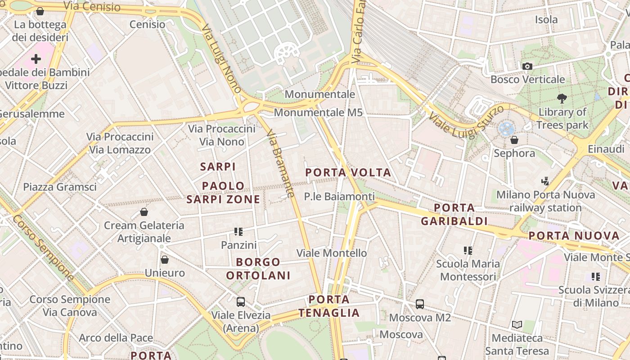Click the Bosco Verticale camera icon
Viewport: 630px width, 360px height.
pos(527,67)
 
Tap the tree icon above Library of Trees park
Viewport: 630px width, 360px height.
pos(562,98)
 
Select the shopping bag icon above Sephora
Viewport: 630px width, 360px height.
pos(514,140)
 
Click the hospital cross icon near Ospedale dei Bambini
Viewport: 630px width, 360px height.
pos(36,59)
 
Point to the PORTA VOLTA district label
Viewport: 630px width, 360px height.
pos(348,172)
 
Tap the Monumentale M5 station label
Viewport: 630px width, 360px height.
pos(318,112)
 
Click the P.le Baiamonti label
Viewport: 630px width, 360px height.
pos(339,196)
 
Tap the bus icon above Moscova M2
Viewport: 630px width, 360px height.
pos(420,304)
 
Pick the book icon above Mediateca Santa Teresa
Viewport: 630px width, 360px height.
pos(517,324)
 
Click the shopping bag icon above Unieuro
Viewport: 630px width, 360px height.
pos(165,260)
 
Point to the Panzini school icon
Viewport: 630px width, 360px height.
pos(238,232)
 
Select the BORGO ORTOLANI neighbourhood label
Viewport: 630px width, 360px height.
pos(258,269)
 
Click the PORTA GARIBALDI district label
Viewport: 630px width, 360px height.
pos(454,214)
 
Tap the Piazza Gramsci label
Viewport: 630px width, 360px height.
pos(60,187)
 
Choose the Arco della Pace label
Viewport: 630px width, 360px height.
pos(116,337)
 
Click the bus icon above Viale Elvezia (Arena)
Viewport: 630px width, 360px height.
pos(241,301)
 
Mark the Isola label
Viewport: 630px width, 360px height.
pos(546,19)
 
